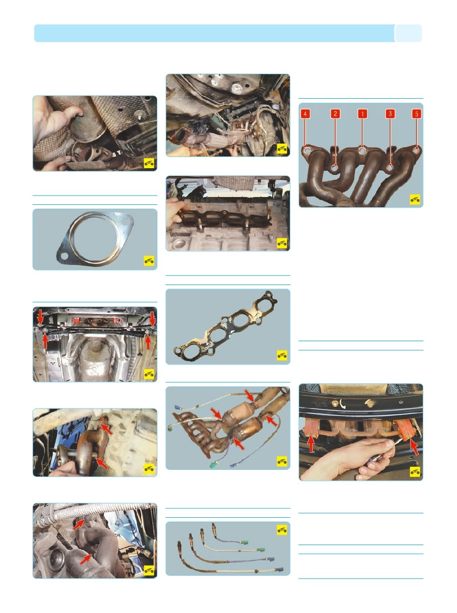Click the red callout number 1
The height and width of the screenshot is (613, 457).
pyautogui.click(x=362, y=114)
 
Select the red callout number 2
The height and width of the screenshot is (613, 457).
pyautogui.click(x=335, y=114)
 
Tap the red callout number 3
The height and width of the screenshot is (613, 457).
pyautogui.click(x=390, y=114)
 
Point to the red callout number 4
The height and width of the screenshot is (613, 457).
pyautogui.click(x=305, y=114)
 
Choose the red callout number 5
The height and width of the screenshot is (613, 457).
pyautogui.click(x=416, y=114)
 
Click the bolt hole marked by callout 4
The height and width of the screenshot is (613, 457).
pyautogui.click(x=306, y=151)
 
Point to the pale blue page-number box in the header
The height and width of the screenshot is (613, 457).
pyautogui.click(x=409, y=33)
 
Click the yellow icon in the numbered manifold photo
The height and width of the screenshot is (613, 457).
pyautogui.click(x=415, y=199)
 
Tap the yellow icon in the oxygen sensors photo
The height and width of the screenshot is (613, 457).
pyautogui.click(x=282, y=530)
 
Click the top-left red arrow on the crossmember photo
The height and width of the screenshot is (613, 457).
pyautogui.click(x=41, y=316)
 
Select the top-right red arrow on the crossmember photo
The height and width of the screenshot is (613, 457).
pyautogui.click(x=152, y=318)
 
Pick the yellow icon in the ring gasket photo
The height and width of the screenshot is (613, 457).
pyautogui.click(x=149, y=261)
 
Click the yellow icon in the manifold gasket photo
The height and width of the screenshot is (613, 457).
pyautogui.click(x=282, y=355)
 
